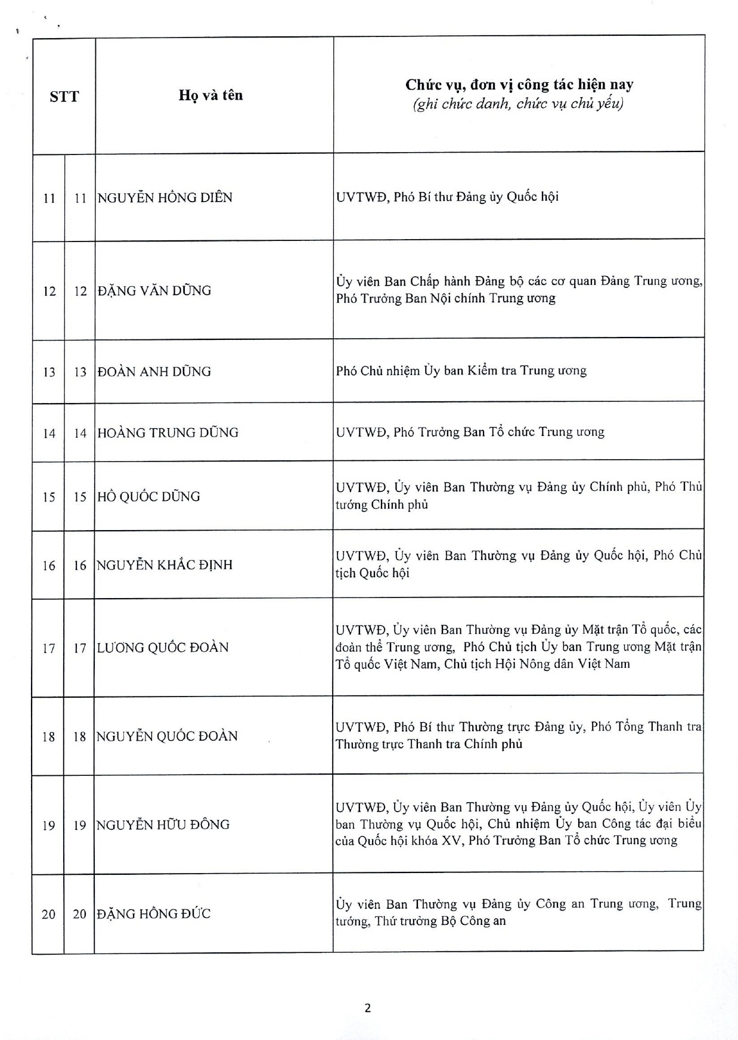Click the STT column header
(64, 97)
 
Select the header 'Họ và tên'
(211, 95)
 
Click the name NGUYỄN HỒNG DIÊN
(165, 197)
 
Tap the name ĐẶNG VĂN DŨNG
(154, 290)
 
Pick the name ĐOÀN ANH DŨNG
(154, 372)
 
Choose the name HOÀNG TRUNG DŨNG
(168, 432)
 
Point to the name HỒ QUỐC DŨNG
(149, 496)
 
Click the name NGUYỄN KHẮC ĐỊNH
(165, 565)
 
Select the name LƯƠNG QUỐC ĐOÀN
(163, 647)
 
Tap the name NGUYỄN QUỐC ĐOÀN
(168, 736)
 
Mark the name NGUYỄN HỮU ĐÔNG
(163, 824)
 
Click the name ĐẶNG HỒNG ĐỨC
(154, 914)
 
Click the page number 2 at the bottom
(368, 1008)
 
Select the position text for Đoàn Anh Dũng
(461, 371)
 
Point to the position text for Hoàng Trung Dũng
(470, 432)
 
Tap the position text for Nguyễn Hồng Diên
(448, 197)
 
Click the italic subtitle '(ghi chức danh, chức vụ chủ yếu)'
(518, 104)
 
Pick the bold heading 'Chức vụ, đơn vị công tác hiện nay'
(519, 85)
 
